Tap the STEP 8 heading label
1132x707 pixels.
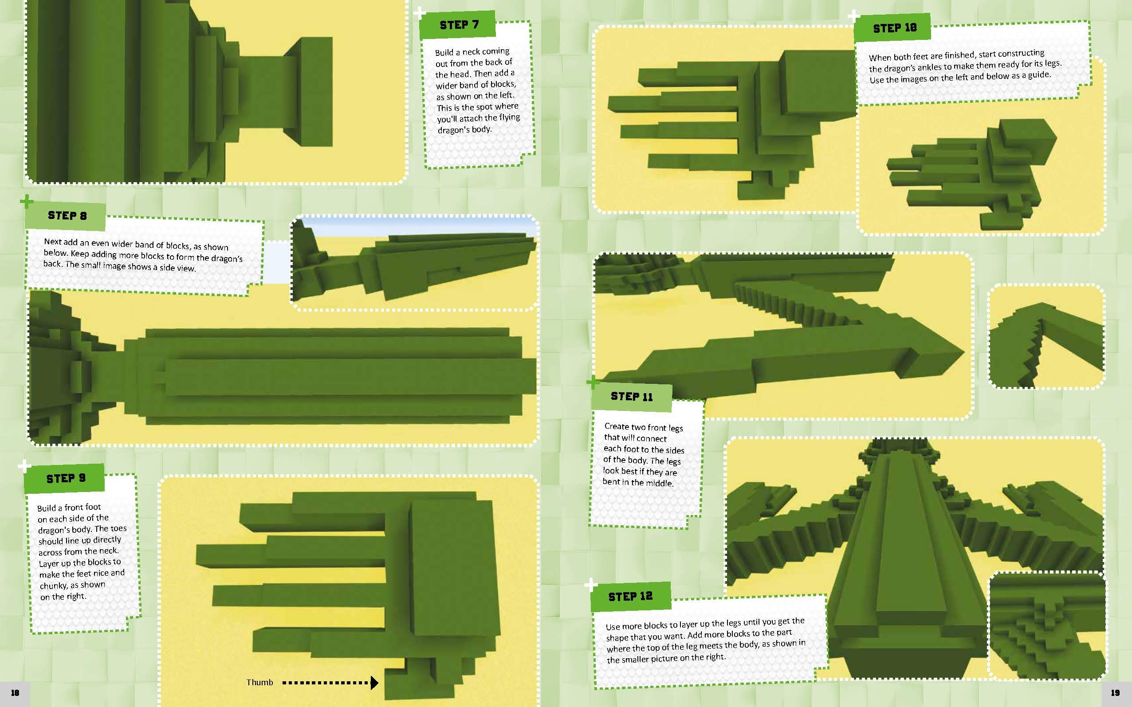click(67, 215)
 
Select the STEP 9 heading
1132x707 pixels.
click(66, 478)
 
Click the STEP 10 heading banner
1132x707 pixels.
click(894, 28)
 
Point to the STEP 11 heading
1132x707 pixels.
click(631, 397)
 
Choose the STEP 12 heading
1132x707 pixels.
click(630, 597)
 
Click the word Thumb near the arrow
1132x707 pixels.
click(259, 682)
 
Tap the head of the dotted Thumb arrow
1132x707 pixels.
click(374, 683)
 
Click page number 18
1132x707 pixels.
click(15, 693)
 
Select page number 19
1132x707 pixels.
click(1115, 693)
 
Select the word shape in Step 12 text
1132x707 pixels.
click(617, 638)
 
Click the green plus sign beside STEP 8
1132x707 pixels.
click(27, 202)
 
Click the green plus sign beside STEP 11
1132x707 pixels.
click(593, 383)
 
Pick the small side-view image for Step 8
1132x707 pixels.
click(414, 263)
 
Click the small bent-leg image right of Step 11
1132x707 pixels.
click(1046, 336)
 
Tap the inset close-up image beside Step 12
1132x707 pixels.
click(1047, 625)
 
